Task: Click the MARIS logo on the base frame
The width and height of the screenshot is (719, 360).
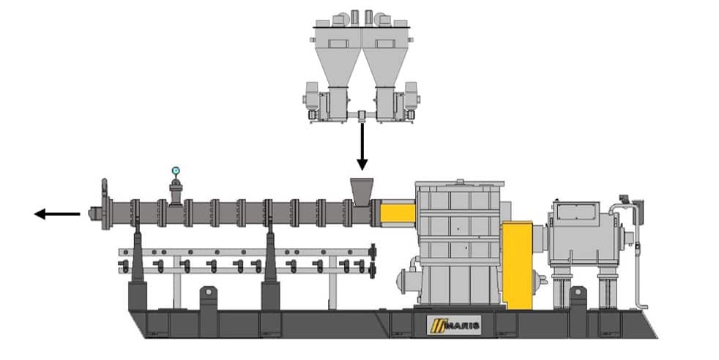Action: [x=453, y=323]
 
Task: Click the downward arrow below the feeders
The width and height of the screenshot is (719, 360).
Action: [x=361, y=147]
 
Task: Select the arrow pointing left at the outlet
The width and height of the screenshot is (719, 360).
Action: [x=57, y=214]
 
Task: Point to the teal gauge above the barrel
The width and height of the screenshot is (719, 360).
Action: [x=176, y=171]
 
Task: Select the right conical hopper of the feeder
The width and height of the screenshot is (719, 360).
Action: [x=385, y=61]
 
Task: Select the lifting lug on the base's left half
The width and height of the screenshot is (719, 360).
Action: [x=207, y=297]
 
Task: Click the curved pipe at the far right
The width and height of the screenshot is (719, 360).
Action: [x=637, y=256]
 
